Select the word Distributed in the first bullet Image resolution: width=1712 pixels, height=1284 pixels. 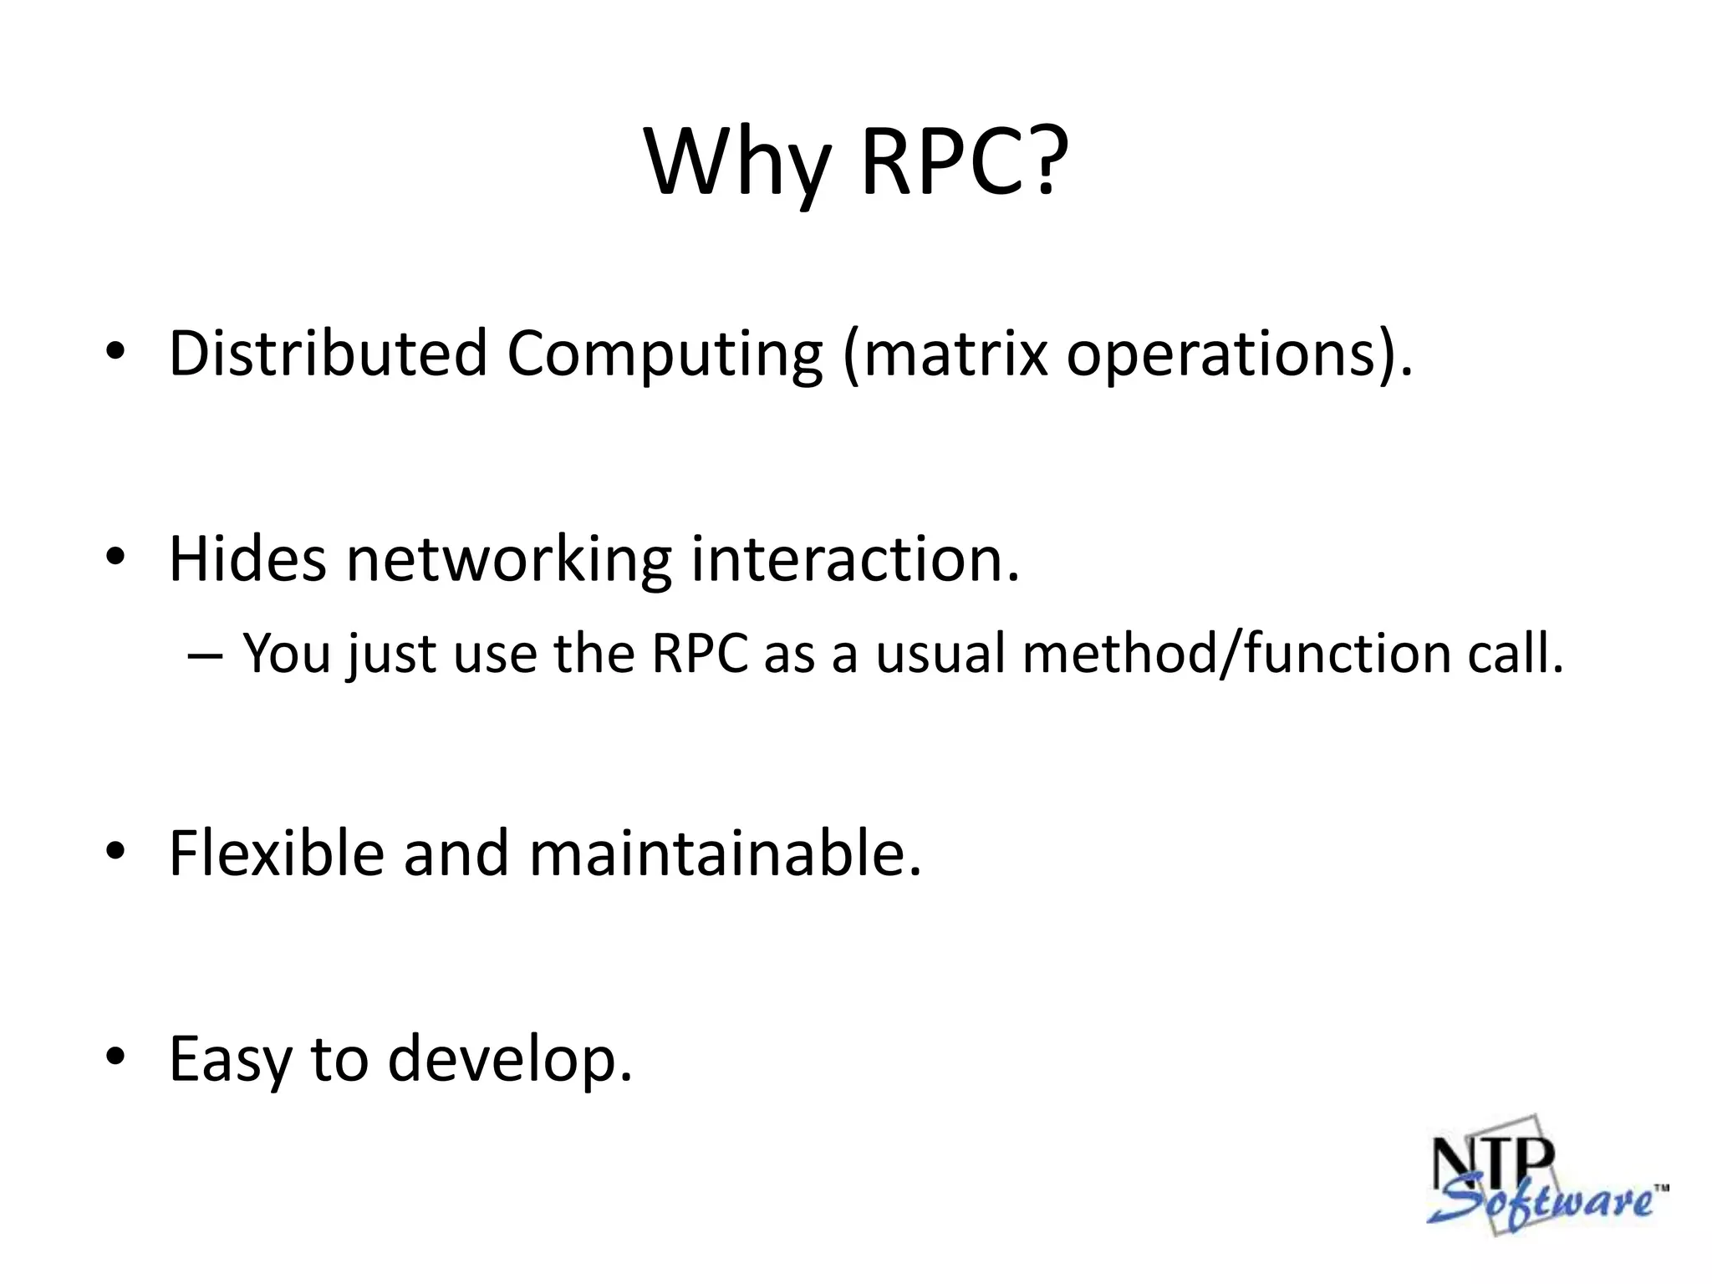click(328, 353)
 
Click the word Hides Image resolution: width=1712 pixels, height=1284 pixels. click(247, 558)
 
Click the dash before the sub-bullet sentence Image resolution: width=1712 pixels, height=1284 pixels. click(205, 655)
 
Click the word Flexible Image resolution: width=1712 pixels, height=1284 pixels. click(276, 853)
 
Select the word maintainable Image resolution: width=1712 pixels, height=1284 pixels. click(725, 853)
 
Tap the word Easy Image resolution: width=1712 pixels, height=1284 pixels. click(229, 1060)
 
